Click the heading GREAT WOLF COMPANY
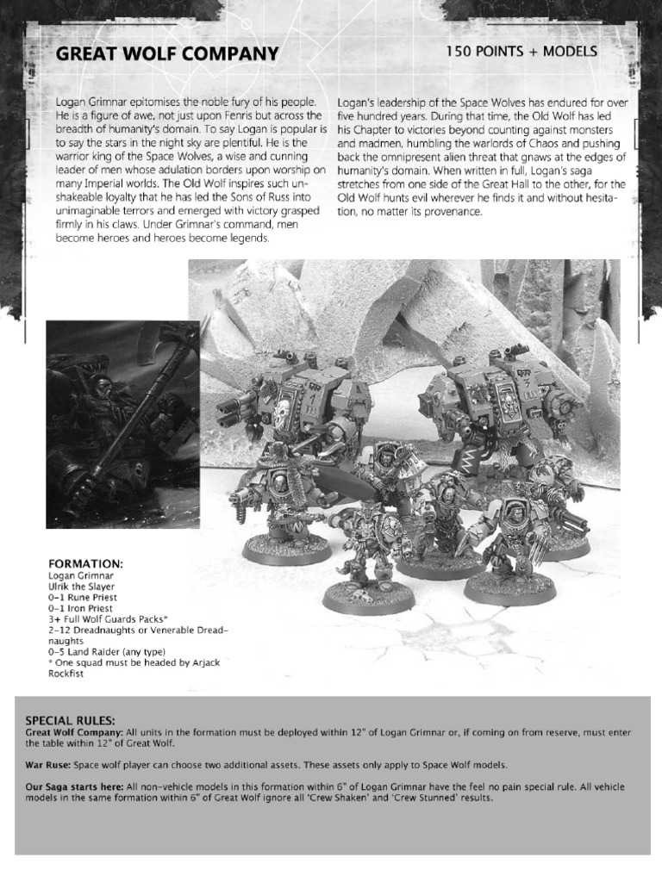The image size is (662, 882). pyautogui.click(x=167, y=54)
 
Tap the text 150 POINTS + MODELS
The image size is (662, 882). pyautogui.click(x=521, y=53)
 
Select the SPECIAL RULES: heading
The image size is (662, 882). pyautogui.click(x=70, y=719)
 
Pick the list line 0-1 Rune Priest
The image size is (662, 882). pyautogui.click(x=83, y=597)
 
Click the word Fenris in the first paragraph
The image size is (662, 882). pyautogui.click(x=211, y=115)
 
